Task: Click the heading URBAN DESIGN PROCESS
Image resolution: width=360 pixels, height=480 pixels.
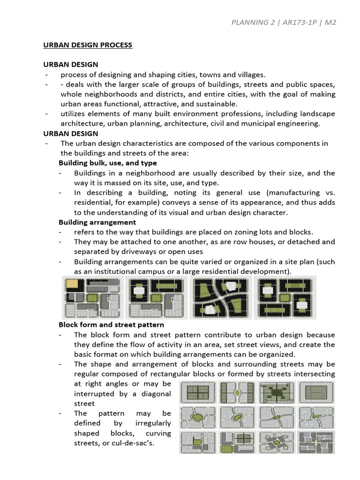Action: click(x=88, y=45)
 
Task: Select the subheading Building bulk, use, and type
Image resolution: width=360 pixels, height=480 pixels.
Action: click(x=107, y=163)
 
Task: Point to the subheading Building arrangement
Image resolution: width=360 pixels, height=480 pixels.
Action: click(x=97, y=222)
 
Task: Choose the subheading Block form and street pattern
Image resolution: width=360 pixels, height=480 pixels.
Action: click(x=111, y=324)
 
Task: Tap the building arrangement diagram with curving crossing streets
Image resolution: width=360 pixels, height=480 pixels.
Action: click(x=220, y=297)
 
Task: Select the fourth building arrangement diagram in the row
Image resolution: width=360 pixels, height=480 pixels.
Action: click(x=285, y=297)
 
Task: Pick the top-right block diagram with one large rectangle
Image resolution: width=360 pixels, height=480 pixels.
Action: click(x=316, y=392)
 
